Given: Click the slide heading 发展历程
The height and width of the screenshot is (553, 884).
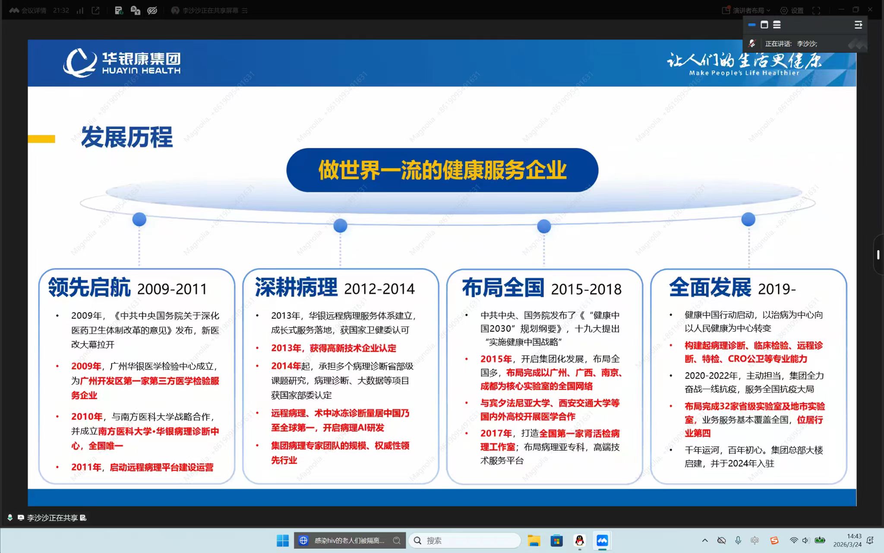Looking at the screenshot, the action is click(x=127, y=137).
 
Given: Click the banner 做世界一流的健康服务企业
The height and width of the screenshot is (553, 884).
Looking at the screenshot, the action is click(x=442, y=170).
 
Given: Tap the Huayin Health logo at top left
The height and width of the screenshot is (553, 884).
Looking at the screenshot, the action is click(x=122, y=63).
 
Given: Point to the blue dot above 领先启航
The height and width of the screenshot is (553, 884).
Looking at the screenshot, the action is click(x=139, y=219).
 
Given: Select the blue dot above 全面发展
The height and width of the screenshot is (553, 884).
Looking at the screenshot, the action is click(x=748, y=219).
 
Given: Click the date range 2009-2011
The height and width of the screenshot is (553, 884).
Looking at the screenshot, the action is click(x=172, y=289).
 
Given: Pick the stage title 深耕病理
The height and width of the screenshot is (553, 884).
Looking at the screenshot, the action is click(x=296, y=287).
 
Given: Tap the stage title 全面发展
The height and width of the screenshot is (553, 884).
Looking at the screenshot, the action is click(x=710, y=287).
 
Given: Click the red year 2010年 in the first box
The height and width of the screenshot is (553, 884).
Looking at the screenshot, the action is click(x=87, y=416).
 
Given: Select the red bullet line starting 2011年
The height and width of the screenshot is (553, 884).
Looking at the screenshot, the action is click(x=142, y=467).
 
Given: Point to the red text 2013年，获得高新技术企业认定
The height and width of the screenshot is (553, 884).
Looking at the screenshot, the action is click(x=333, y=348).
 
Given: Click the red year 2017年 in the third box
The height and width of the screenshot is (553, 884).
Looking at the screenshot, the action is click(x=496, y=433).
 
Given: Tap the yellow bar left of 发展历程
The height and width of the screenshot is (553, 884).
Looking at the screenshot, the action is click(x=41, y=139).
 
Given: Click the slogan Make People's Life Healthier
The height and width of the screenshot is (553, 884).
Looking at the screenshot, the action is click(x=744, y=73).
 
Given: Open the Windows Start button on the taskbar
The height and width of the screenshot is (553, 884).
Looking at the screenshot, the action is click(x=283, y=540).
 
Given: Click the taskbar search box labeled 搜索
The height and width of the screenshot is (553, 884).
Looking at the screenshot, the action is click(x=464, y=540).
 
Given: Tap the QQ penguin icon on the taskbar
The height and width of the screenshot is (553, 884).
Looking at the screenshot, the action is click(x=580, y=540).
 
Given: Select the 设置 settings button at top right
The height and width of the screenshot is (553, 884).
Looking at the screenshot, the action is click(x=792, y=10).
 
